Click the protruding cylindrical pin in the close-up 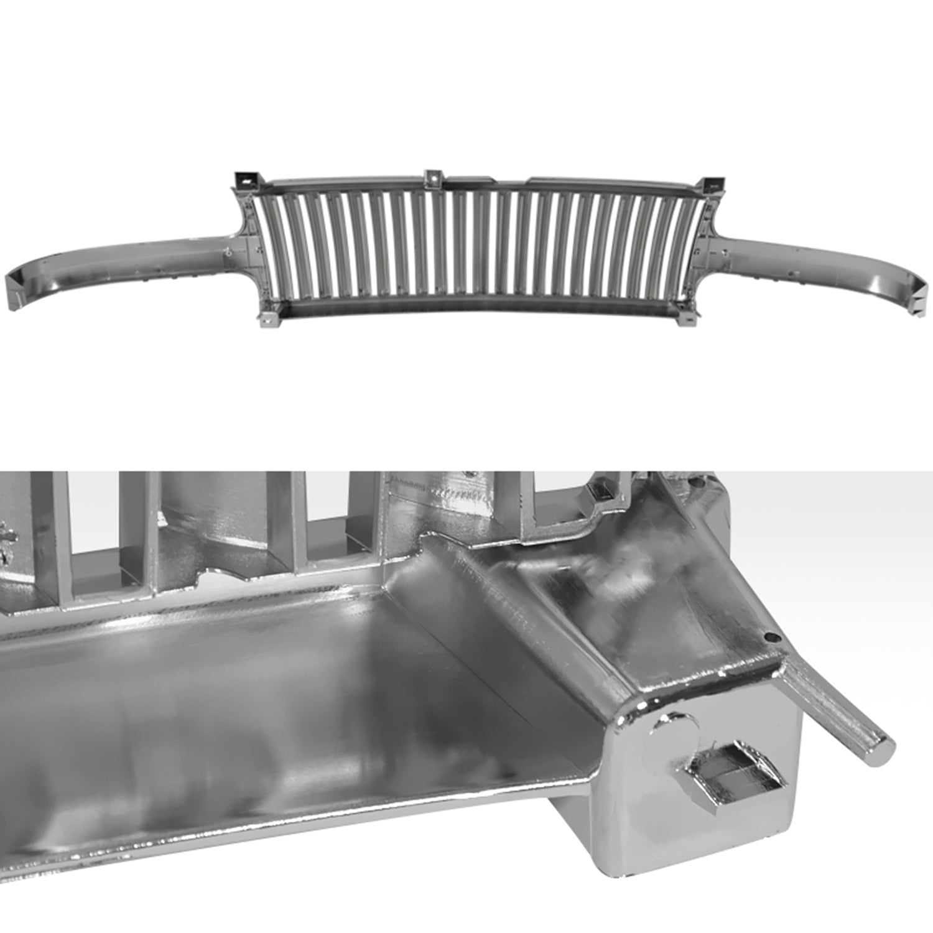pos(833,709)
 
